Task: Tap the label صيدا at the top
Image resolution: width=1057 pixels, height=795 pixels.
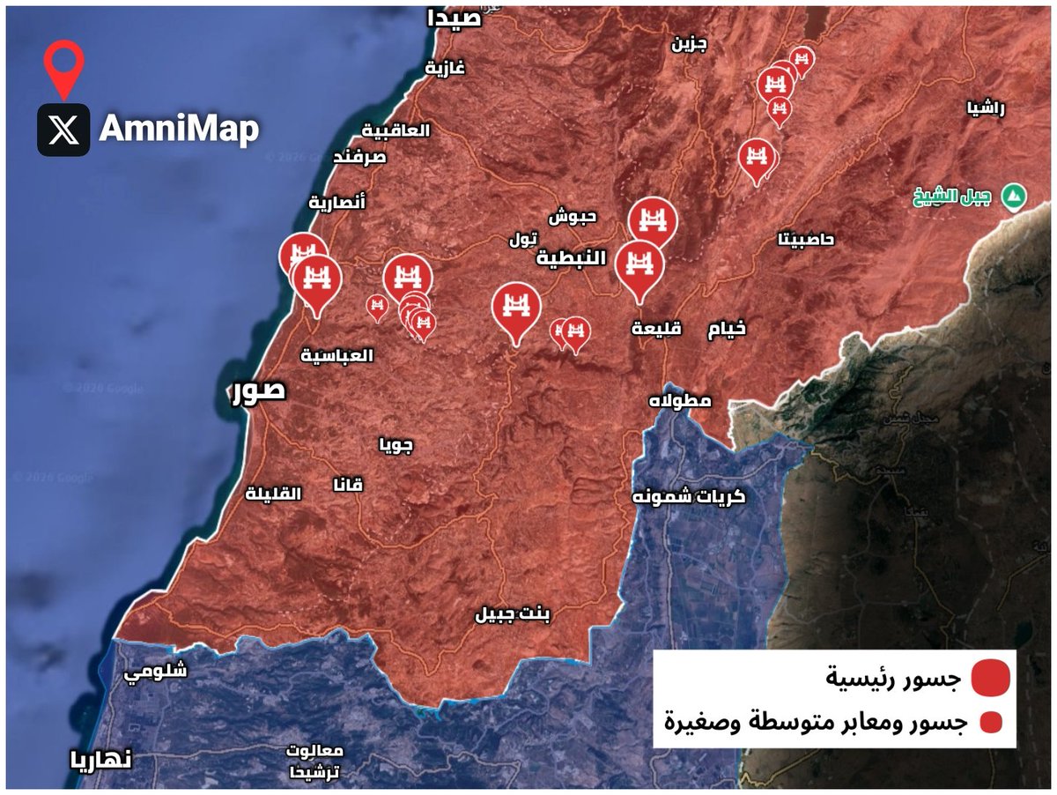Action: [x=455, y=19]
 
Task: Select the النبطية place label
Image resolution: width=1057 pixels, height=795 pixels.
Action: [x=573, y=258]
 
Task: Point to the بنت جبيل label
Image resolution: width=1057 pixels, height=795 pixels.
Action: [x=512, y=614]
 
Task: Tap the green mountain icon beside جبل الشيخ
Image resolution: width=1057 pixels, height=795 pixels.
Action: [x=1016, y=196]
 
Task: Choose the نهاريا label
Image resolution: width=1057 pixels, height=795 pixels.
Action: [x=102, y=759]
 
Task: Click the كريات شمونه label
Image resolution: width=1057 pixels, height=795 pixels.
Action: [x=689, y=496]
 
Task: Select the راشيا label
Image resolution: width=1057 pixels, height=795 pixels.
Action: [x=985, y=108]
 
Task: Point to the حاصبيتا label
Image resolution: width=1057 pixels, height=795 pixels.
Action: [x=806, y=239]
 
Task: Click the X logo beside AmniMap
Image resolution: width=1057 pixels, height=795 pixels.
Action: [x=63, y=130]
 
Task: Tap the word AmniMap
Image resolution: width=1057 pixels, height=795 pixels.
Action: [x=179, y=130]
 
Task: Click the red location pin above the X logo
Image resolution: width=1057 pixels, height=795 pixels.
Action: [x=63, y=67]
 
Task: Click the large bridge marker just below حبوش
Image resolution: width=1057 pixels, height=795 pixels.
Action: [x=653, y=220]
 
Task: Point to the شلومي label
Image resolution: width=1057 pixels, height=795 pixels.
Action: [x=155, y=671]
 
